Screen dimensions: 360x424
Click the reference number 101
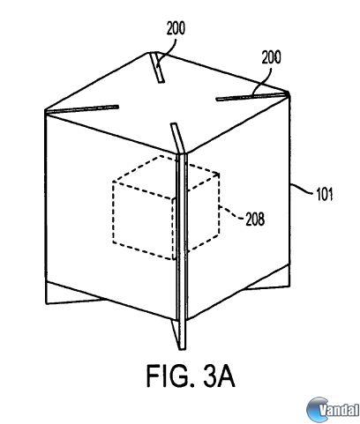point(325,195)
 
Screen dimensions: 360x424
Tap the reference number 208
point(255,219)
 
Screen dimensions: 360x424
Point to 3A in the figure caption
point(219,376)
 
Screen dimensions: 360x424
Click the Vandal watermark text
point(339,410)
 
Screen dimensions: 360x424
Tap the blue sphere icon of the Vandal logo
point(316,410)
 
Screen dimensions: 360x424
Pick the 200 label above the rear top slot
point(176,29)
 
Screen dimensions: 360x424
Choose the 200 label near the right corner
point(271,57)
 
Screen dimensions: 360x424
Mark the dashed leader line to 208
point(232,213)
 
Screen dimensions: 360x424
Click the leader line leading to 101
point(302,190)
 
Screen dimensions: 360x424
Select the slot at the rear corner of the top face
point(157,67)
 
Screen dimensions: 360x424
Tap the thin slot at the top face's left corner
point(82,108)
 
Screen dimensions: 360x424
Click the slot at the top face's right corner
point(252,96)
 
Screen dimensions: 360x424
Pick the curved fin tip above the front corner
point(178,138)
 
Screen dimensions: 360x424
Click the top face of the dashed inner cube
point(166,177)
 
